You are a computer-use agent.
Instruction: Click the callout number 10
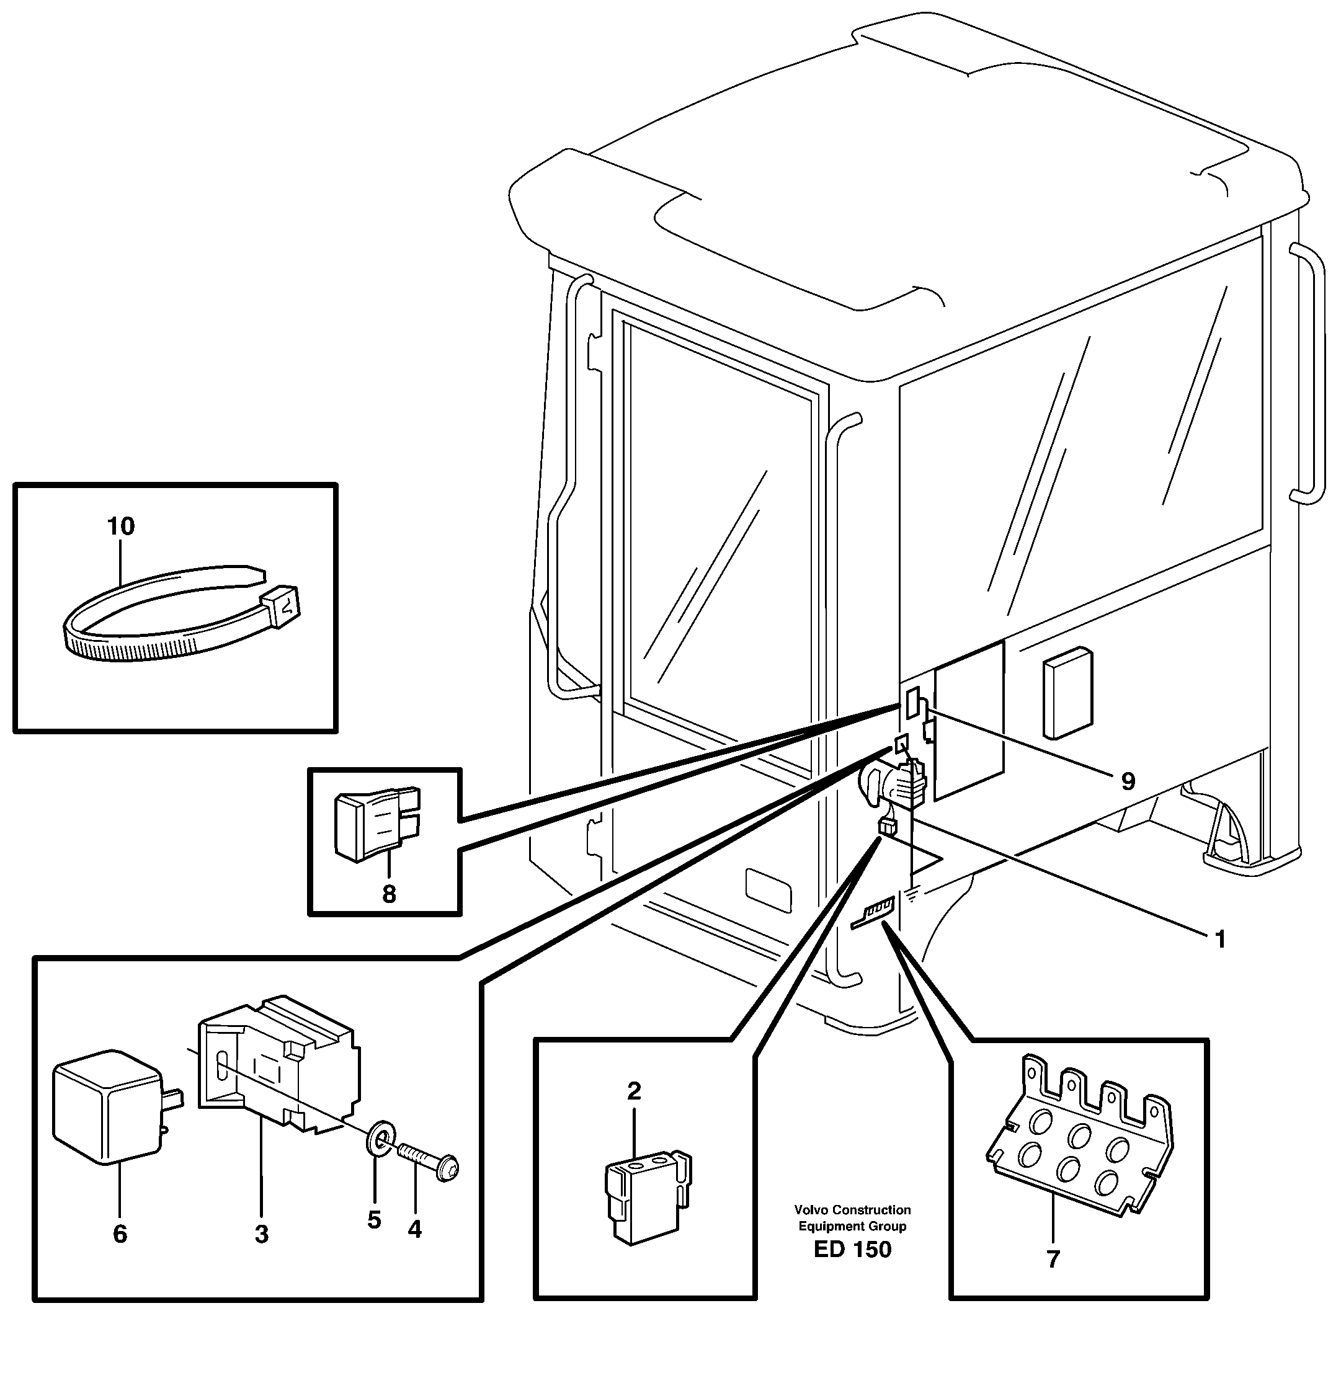point(120,526)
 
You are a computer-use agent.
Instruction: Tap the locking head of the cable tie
point(281,605)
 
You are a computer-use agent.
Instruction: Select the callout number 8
point(389,894)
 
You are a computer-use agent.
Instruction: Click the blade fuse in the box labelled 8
point(376,823)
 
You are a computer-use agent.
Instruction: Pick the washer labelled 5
point(379,1137)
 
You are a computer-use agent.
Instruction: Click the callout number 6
point(120,1234)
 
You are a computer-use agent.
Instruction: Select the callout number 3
point(261,1234)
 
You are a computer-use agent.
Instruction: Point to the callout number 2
point(634,1091)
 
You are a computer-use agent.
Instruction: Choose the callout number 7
point(1053,1260)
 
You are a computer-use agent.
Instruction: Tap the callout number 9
point(1128,781)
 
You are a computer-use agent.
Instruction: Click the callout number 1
point(1221,940)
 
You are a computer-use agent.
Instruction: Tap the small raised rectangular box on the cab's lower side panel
point(1067,693)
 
